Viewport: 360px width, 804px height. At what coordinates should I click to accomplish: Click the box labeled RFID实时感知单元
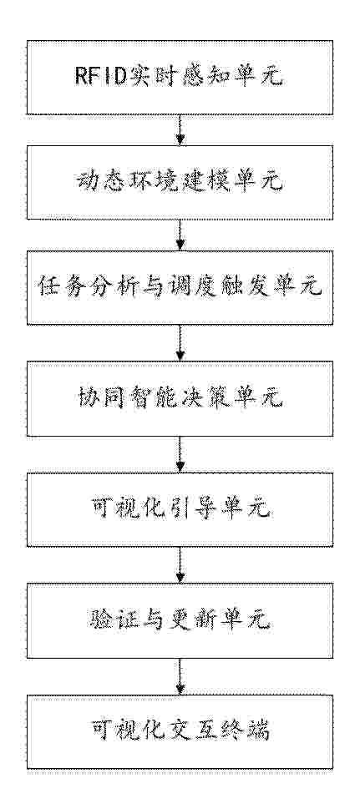(180, 78)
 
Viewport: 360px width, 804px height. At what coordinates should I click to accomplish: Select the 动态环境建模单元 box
(180, 183)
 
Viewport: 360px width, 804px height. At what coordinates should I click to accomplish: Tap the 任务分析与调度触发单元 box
(180, 288)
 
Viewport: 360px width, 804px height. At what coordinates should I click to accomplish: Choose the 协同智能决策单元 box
(180, 399)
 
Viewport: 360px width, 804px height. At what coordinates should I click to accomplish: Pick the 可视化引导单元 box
(180, 509)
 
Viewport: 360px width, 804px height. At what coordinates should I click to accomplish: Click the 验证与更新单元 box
(180, 620)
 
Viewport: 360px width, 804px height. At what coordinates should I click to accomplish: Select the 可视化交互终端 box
(180, 731)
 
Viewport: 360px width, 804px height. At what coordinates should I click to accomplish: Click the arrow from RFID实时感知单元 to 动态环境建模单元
(180, 130)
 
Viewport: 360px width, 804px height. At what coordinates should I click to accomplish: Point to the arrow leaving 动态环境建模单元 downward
(180, 235)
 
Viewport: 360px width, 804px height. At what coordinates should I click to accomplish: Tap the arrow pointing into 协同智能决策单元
(180, 343)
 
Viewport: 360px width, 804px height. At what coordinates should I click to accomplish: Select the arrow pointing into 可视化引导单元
(180, 454)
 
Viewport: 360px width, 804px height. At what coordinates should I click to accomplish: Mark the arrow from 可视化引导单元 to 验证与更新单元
(180, 565)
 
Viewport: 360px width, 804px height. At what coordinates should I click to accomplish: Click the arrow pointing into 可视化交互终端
(180, 676)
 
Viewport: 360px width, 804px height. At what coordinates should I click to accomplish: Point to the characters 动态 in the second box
(98, 183)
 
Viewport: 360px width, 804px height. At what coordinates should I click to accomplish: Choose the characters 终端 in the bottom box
(248, 731)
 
